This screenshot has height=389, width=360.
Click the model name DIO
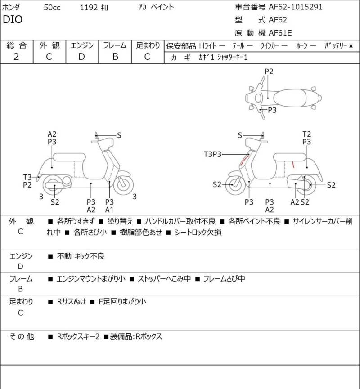(x=13, y=19)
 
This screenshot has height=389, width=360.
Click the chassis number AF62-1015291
(x=296, y=7)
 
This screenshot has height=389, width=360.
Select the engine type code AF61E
(x=280, y=33)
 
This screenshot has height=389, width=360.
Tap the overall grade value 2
(x=16, y=57)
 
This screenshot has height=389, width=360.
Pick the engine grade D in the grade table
(x=82, y=57)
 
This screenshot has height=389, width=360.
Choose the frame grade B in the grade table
(x=115, y=57)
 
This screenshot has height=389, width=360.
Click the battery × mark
(x=351, y=46)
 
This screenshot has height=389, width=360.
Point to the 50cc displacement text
(x=52, y=8)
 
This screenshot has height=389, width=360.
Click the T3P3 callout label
(x=212, y=154)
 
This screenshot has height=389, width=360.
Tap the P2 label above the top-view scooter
(x=269, y=72)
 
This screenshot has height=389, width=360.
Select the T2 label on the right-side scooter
(x=306, y=134)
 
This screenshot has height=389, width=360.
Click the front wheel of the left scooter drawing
(x=123, y=184)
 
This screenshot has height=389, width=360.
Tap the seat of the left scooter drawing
(x=69, y=157)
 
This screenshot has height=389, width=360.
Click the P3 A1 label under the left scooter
(x=109, y=206)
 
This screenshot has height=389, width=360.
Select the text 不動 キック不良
(x=81, y=256)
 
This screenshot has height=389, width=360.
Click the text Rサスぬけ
(x=72, y=302)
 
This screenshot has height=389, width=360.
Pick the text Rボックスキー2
(x=78, y=336)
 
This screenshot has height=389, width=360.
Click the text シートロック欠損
(x=198, y=233)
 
